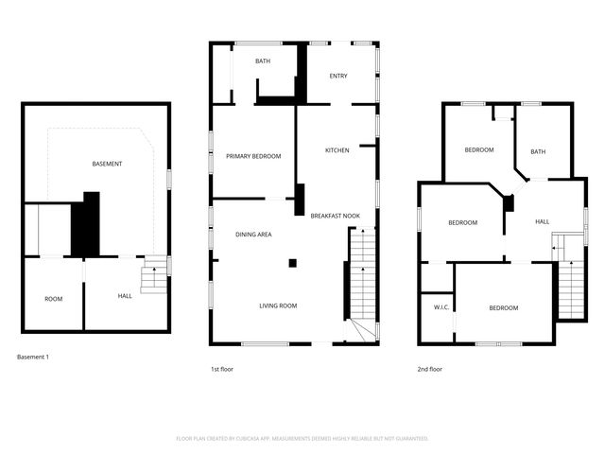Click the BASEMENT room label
click(x=107, y=164)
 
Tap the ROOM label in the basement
click(x=53, y=299)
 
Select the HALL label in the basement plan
click(x=125, y=296)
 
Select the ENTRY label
click(x=338, y=77)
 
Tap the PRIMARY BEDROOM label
click(x=252, y=156)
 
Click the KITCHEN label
click(x=337, y=150)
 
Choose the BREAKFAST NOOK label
click(x=335, y=217)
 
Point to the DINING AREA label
click(x=253, y=234)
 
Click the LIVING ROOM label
click(x=278, y=306)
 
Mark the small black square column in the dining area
click(x=293, y=263)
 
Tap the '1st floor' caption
click(x=221, y=369)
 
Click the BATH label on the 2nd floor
click(x=538, y=151)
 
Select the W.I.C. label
click(x=441, y=306)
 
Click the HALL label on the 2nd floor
click(x=542, y=221)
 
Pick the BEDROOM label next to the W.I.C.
click(x=503, y=307)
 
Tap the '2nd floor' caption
click(x=430, y=369)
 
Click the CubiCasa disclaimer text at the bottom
click(x=302, y=438)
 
